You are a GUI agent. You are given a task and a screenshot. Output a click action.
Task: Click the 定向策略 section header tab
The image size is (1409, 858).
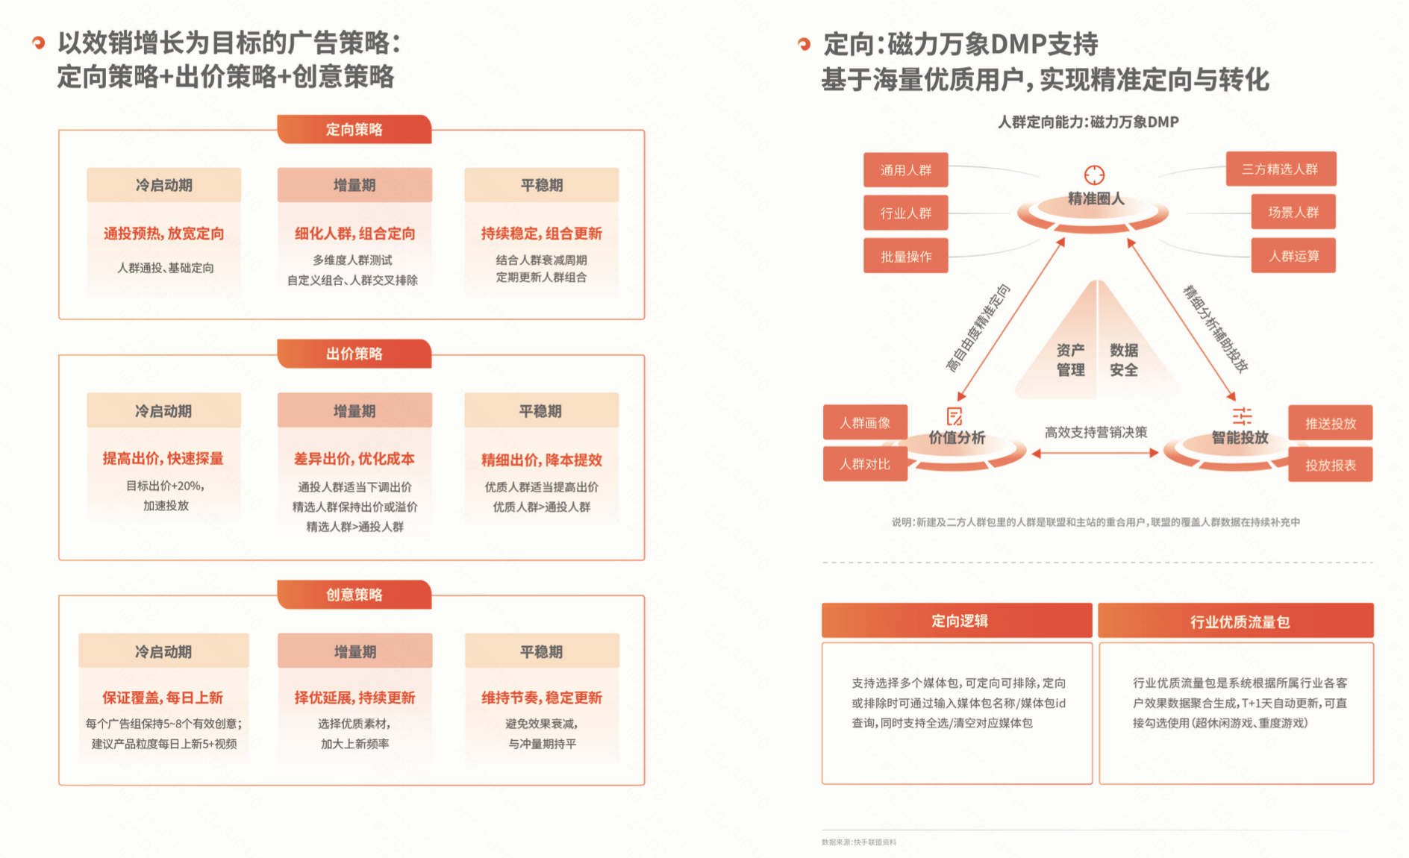[x=354, y=129]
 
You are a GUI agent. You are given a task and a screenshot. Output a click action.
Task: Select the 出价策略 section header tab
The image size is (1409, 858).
[x=354, y=354]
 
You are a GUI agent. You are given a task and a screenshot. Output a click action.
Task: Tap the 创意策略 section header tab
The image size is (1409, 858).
[x=354, y=595]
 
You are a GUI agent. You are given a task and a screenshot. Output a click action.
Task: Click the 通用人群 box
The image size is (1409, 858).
[x=906, y=170]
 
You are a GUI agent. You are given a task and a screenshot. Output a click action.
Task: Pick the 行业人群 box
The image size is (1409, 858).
[x=906, y=213]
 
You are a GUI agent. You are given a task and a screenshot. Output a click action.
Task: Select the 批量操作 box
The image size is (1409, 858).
[x=906, y=256]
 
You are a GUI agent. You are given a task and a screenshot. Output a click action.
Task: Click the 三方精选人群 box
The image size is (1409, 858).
[x=1281, y=169]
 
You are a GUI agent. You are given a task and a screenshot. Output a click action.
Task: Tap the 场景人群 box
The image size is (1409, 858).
[x=1293, y=212]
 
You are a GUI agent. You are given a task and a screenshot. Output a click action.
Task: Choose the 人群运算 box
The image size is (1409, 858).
[x=1293, y=256]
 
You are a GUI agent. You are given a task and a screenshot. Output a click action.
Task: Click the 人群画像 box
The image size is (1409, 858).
[x=866, y=423]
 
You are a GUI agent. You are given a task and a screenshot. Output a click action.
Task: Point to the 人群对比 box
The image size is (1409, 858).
[x=866, y=464]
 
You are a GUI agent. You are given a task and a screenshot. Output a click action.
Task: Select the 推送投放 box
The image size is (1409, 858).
[x=1331, y=424]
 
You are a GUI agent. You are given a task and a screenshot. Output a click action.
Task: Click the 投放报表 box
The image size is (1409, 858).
[x=1331, y=465]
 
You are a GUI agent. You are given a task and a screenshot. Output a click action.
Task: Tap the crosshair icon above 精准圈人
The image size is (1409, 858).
[x=1094, y=175]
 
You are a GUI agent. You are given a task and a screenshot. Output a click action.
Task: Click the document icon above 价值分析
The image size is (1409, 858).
[x=955, y=416]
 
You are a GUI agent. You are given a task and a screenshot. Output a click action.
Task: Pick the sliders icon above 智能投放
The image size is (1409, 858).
[x=1243, y=416]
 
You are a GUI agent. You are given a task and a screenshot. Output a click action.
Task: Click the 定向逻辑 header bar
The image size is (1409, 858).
[x=957, y=621]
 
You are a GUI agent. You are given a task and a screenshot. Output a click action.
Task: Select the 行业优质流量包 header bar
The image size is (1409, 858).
[x=1236, y=621]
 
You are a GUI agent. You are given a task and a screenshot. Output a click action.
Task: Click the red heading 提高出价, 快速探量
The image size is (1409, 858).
[x=163, y=458]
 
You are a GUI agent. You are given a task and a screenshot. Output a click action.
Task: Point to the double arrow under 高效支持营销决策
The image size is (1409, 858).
[x=1096, y=453]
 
